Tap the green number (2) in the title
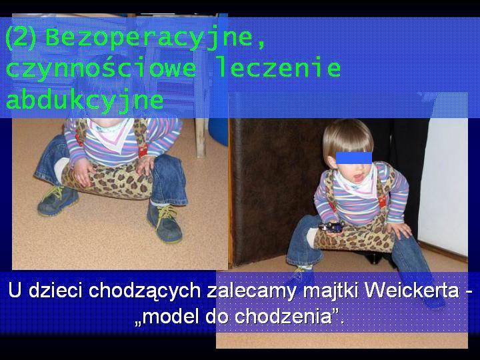[21, 38]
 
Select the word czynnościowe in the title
[101, 69]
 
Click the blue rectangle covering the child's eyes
[354, 157]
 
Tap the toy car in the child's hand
[332, 227]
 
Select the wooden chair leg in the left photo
[200, 137]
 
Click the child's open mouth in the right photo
[359, 177]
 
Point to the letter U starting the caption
[15, 290]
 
